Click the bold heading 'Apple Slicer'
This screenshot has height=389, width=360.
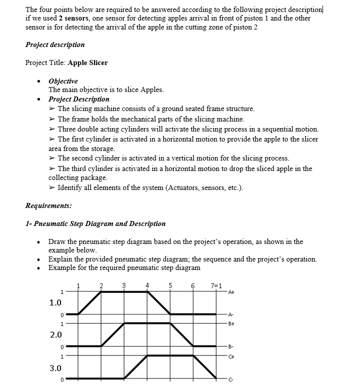(x=88, y=62)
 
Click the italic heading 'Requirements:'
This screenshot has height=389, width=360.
(x=48, y=205)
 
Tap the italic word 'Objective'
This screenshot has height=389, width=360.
(x=63, y=81)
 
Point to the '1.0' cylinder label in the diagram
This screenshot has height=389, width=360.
(x=55, y=302)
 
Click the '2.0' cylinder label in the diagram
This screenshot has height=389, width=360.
(x=55, y=334)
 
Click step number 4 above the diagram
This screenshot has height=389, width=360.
(x=147, y=285)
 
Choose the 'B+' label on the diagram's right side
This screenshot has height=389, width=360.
(x=230, y=323)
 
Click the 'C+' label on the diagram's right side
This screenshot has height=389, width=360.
(x=230, y=356)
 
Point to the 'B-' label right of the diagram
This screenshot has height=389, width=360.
(x=230, y=346)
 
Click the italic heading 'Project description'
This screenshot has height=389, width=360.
(x=55, y=44)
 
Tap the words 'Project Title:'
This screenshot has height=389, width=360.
(x=45, y=62)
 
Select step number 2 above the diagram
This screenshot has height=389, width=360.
(x=101, y=285)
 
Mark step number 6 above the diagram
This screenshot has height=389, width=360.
(x=193, y=285)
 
